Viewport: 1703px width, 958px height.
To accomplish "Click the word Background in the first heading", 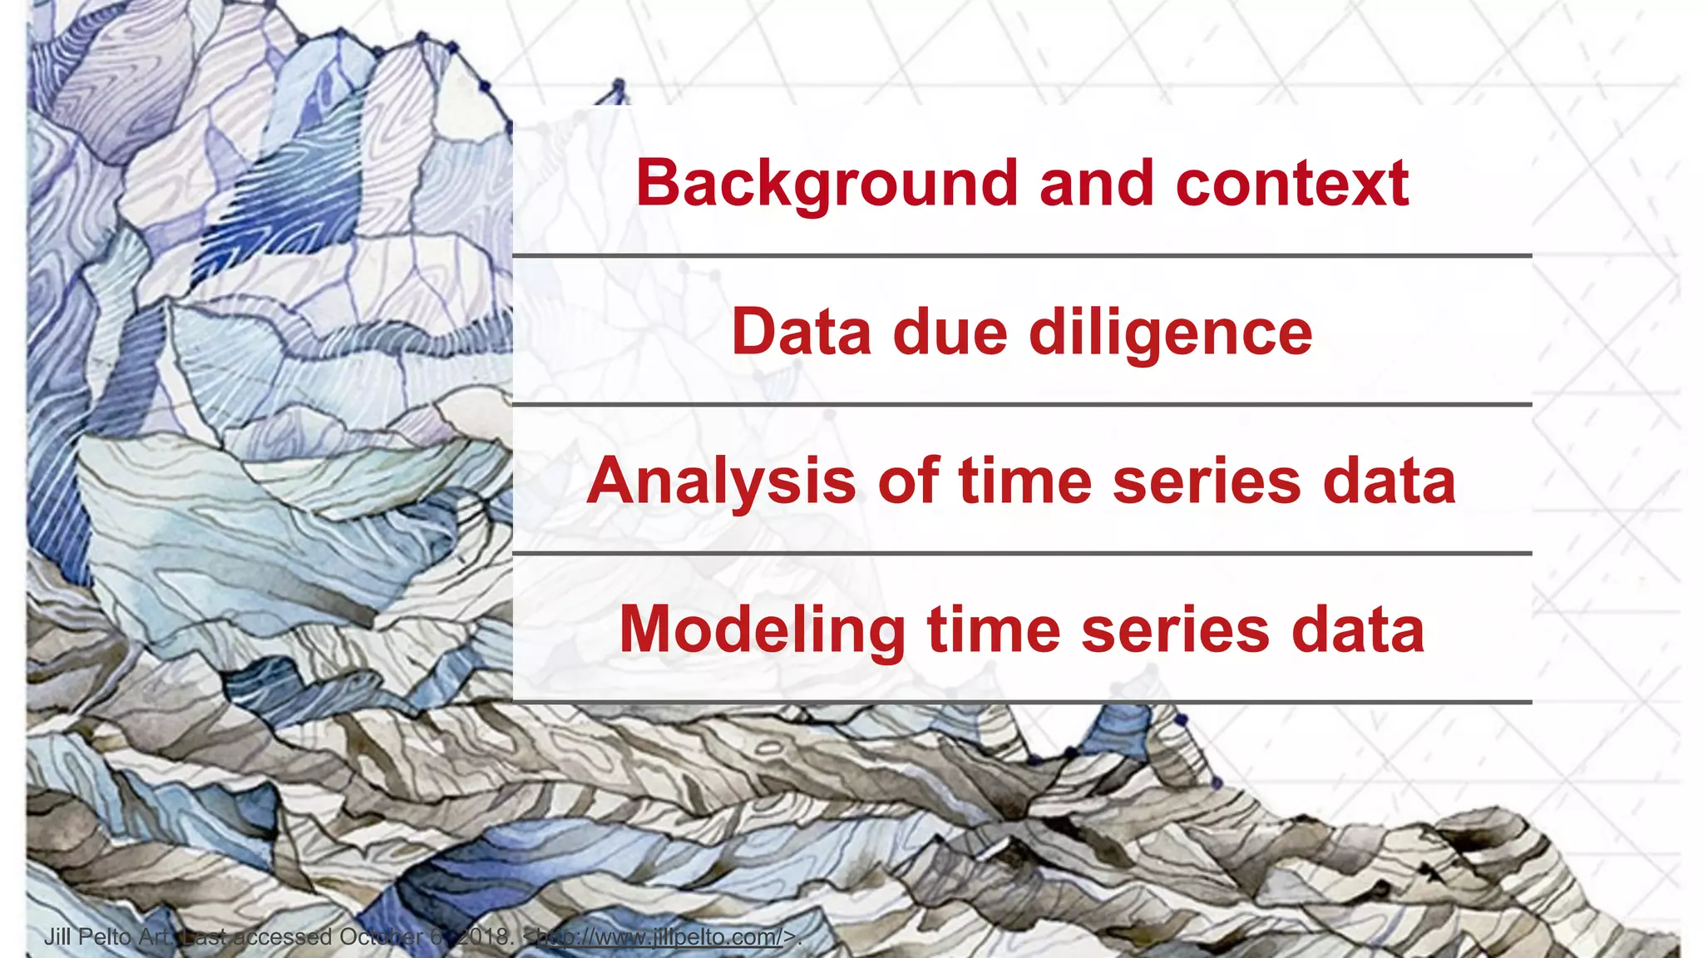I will pyautogui.click(x=826, y=184).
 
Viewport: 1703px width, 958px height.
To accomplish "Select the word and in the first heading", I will pyautogui.click(x=1096, y=184).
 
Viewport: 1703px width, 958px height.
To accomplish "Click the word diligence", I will pyautogui.click(x=1170, y=333).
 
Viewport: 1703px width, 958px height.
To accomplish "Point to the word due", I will pyautogui.click(x=950, y=333).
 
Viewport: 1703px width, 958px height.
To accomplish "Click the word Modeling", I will pyautogui.click(x=762, y=630).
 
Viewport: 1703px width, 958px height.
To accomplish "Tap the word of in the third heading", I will pyautogui.click(x=908, y=481).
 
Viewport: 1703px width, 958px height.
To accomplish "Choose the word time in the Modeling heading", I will pyautogui.click(x=994, y=630).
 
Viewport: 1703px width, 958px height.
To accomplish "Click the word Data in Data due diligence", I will pyautogui.click(x=802, y=333).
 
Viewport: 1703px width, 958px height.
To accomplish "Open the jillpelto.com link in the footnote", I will pyautogui.click(x=659, y=937).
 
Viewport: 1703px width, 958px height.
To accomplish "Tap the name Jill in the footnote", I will pyautogui.click(x=57, y=937).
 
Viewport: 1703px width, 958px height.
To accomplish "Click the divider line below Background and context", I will pyautogui.click(x=1022, y=256).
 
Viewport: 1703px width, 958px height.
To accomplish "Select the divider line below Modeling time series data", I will pyautogui.click(x=1022, y=703).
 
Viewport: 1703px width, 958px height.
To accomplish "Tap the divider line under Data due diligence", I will pyautogui.click(x=1022, y=405).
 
